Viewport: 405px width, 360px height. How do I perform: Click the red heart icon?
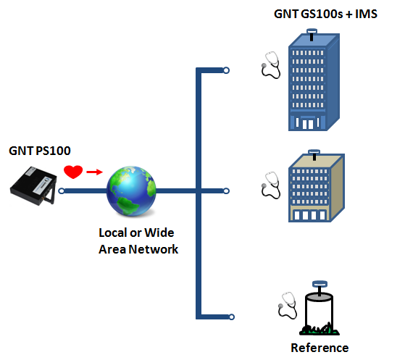[73, 172]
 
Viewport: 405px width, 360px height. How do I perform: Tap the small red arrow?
[94, 172]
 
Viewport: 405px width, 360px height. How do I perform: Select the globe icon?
[131, 191]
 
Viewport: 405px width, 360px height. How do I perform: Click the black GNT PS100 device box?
[33, 185]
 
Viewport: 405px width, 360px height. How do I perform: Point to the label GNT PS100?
[40, 151]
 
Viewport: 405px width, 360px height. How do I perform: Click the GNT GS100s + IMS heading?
[325, 14]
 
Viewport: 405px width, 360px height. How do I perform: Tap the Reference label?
[320, 348]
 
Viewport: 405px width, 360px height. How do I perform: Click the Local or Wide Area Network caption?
[138, 241]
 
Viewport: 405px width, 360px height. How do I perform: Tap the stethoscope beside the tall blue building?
[271, 65]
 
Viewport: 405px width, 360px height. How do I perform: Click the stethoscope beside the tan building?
[271, 185]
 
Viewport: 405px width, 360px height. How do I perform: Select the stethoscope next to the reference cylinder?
[288, 306]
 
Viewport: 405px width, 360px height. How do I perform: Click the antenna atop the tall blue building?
[312, 35]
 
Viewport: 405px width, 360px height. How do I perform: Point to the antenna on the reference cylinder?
[320, 288]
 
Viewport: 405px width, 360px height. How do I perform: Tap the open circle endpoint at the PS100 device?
[62, 191]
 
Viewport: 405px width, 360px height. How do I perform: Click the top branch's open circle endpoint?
[226, 70]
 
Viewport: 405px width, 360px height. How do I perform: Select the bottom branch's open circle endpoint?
[232, 317]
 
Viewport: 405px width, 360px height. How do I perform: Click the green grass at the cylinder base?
[320, 330]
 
